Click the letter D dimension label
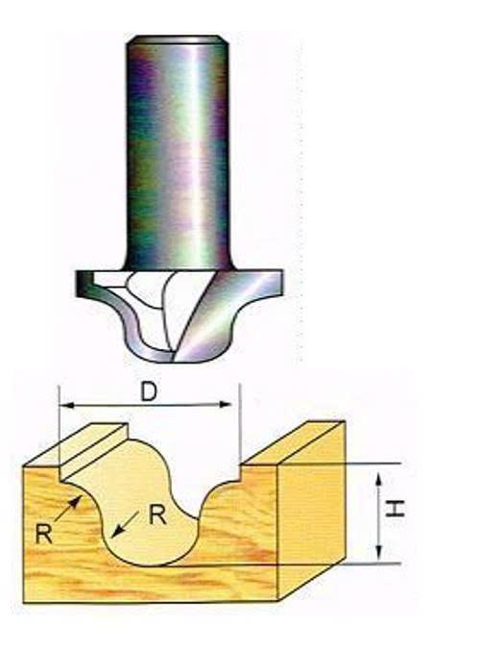(x=149, y=391)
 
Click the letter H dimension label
(x=395, y=509)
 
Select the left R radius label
(x=43, y=534)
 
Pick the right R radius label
(x=158, y=516)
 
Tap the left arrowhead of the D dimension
(x=67, y=405)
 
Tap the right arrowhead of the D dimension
(x=225, y=404)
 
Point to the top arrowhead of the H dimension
(x=378, y=480)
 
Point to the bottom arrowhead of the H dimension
(x=378, y=552)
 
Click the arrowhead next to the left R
(x=75, y=502)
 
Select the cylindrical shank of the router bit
(x=178, y=154)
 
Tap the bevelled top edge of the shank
(x=178, y=39)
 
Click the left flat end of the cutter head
(x=83, y=283)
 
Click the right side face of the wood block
(x=311, y=511)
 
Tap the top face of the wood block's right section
(x=293, y=442)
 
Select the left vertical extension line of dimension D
(x=60, y=433)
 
